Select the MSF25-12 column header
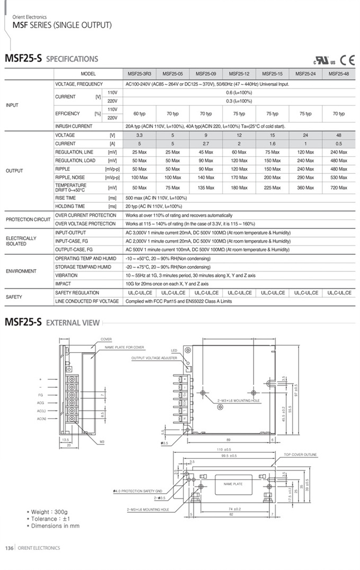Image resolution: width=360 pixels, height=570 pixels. click(x=239, y=74)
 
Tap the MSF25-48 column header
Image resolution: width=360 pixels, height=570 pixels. click(x=339, y=74)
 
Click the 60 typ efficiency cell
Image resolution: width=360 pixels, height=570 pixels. click(x=139, y=114)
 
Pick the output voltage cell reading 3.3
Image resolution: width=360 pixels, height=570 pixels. click(x=139, y=135)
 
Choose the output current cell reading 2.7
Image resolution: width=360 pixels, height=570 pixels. click(x=206, y=144)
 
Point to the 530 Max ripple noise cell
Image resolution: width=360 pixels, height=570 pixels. click(x=339, y=177)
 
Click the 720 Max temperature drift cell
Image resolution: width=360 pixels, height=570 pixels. click(x=339, y=188)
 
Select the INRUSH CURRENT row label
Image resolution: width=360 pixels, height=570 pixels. click(x=74, y=127)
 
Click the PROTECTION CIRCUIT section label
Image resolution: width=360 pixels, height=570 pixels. click(x=27, y=219)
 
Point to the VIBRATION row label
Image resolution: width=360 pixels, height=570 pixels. click(x=66, y=275)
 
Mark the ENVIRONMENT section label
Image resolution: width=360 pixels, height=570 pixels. click(x=21, y=271)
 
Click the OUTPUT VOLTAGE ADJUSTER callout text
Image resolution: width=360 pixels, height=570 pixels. click(x=154, y=358)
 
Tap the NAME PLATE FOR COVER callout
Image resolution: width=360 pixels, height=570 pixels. click(x=124, y=348)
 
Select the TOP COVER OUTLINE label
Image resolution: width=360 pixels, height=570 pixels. click(x=300, y=455)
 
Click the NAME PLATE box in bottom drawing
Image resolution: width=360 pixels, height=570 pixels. click(x=233, y=484)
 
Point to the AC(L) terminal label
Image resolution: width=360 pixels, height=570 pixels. click(x=41, y=411)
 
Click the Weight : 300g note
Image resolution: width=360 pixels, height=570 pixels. click(x=48, y=512)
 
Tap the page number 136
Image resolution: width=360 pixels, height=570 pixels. click(x=9, y=548)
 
